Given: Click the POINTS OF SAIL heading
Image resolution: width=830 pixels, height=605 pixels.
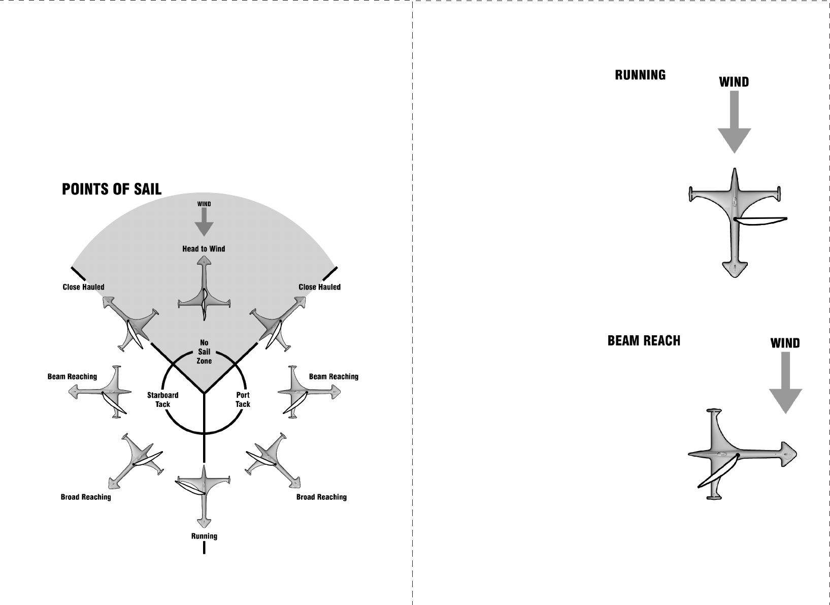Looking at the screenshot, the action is pyautogui.click(x=112, y=189).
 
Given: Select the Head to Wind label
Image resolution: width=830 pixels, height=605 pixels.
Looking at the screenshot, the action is pyautogui.click(x=204, y=249).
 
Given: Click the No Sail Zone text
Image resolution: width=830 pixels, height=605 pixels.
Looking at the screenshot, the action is pyautogui.click(x=204, y=352).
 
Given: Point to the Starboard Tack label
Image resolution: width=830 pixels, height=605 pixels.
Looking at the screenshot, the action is pyautogui.click(x=162, y=400).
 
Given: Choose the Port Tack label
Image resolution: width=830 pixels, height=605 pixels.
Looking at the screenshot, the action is pyautogui.click(x=243, y=400).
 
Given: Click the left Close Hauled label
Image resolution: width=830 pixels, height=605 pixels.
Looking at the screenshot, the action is pyautogui.click(x=83, y=287).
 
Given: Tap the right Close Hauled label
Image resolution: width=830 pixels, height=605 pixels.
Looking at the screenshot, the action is pyautogui.click(x=319, y=287).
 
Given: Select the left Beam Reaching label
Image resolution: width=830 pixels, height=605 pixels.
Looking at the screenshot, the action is pyautogui.click(x=72, y=376).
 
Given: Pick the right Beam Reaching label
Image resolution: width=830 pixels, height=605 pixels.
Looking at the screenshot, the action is pyautogui.click(x=334, y=376).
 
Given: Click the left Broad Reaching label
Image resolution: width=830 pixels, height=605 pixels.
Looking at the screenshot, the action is pyautogui.click(x=86, y=497).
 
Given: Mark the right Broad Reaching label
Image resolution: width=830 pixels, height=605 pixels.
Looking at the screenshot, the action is pyautogui.click(x=321, y=497).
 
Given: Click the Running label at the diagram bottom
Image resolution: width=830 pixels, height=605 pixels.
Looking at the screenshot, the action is pyautogui.click(x=204, y=536).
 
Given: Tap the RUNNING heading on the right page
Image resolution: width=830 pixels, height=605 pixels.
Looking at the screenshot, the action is pyautogui.click(x=640, y=75).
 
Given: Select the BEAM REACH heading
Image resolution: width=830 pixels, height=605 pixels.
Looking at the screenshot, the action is pyautogui.click(x=644, y=340).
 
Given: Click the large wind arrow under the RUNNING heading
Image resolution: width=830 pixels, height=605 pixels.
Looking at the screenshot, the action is pyautogui.click(x=734, y=122).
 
